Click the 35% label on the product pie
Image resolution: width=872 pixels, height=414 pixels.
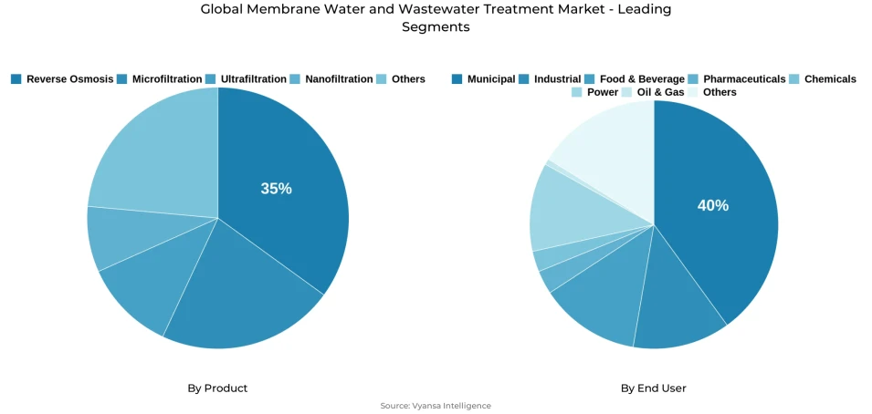coord(276,189)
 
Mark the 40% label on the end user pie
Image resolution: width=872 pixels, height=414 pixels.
coord(713,206)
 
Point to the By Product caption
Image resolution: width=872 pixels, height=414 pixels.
coord(217,388)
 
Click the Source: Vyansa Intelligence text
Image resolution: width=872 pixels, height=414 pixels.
coord(436,406)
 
